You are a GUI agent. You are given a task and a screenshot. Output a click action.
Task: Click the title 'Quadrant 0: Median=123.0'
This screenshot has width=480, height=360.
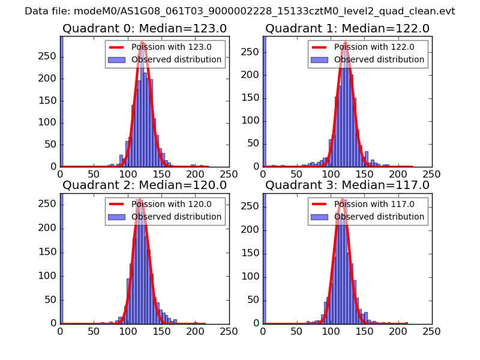click(144, 28)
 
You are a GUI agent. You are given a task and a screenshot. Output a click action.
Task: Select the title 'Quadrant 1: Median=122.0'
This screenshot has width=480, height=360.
click(347, 28)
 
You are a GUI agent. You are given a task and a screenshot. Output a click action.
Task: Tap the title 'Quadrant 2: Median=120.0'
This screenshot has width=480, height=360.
click(144, 185)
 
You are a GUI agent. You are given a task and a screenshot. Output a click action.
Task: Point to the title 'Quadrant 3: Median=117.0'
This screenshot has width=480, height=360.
click(347, 185)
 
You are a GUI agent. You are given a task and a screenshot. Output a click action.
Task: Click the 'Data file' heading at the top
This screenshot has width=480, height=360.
click(240, 11)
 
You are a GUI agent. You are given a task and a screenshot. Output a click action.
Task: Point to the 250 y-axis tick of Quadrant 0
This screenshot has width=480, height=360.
click(49, 56)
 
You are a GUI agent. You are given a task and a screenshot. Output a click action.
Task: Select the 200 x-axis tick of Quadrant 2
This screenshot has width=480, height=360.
click(195, 331)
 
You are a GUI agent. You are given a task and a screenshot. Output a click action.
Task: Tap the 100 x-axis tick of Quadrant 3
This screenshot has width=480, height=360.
click(331, 331)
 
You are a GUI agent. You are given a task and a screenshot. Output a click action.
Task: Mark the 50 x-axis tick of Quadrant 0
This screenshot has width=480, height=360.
click(94, 175)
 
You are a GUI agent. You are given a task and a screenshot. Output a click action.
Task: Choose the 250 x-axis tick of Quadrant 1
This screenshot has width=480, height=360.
click(432, 175)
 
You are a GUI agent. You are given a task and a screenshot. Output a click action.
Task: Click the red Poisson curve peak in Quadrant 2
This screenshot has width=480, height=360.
click(139, 199)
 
